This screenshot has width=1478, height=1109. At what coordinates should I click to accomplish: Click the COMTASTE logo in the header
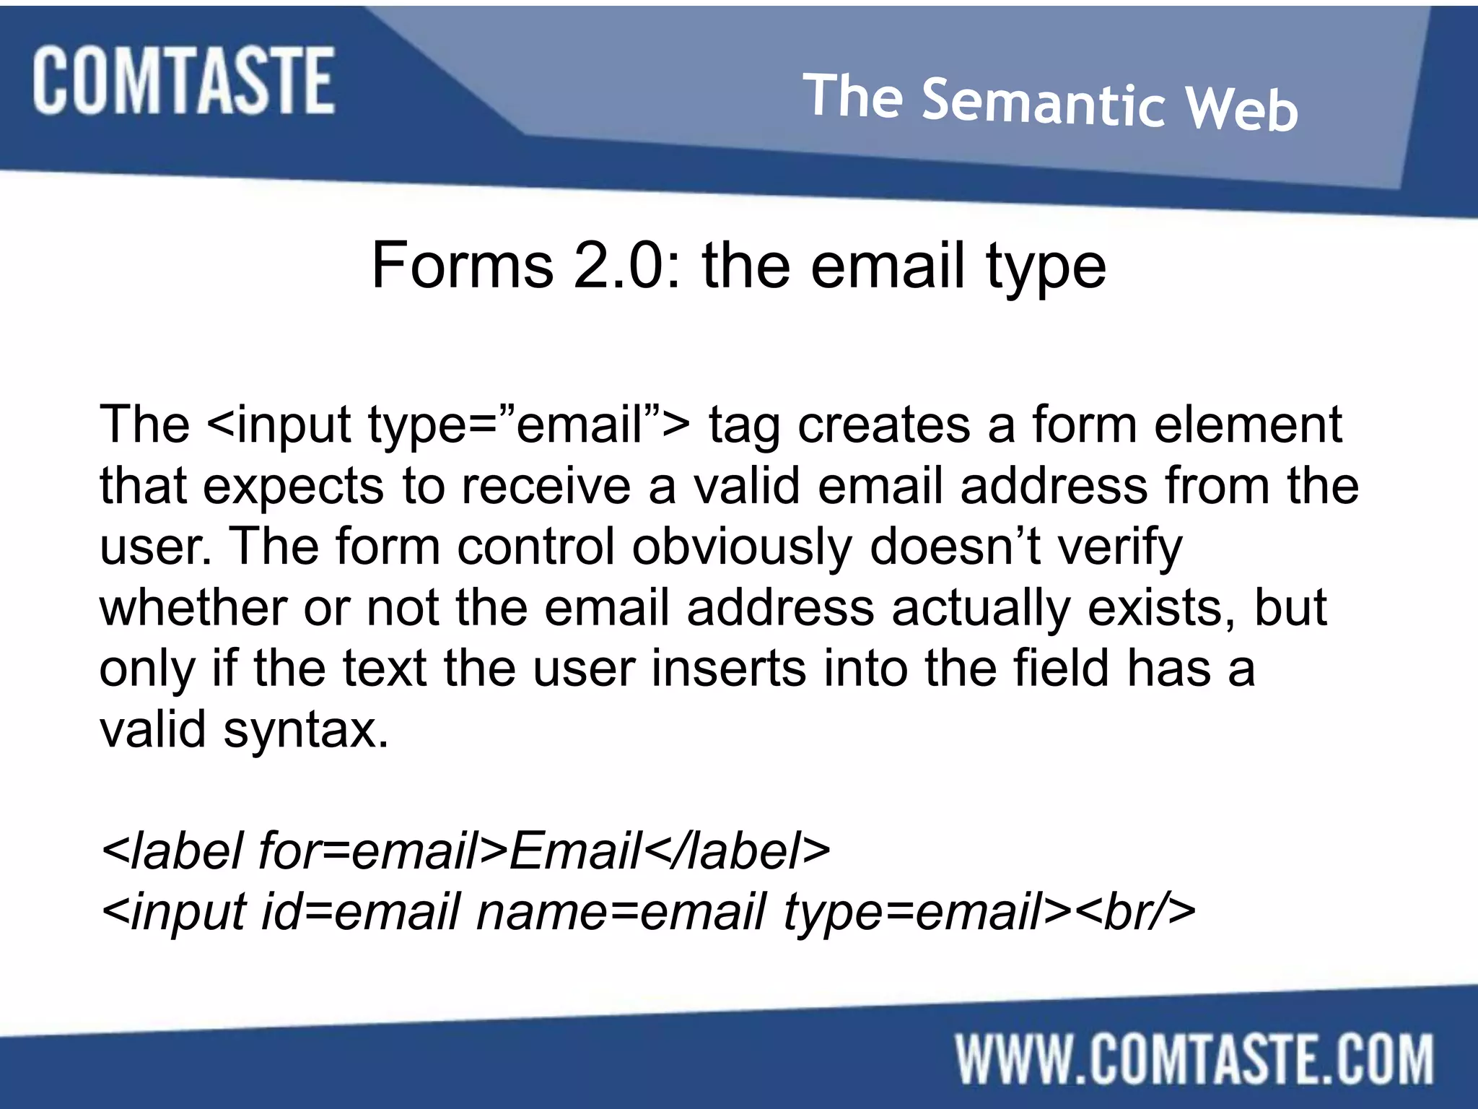click(x=183, y=80)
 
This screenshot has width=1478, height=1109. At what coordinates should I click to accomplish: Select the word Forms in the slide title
click(x=462, y=266)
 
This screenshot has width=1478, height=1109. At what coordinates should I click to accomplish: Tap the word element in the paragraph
click(x=1248, y=425)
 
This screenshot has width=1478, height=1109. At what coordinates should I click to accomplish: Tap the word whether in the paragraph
click(x=193, y=608)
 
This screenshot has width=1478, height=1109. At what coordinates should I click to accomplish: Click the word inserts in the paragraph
click(x=728, y=669)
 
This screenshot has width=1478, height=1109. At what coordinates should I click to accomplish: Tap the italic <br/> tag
click(x=1136, y=912)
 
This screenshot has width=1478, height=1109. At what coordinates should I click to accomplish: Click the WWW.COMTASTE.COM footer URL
click(x=1194, y=1060)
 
